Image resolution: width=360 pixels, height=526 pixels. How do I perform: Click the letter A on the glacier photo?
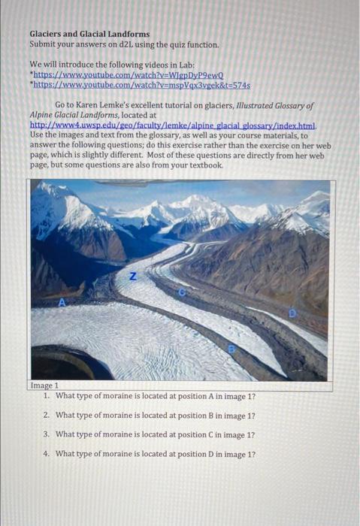tap(63, 301)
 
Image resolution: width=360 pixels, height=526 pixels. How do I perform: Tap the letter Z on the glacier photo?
tap(133, 278)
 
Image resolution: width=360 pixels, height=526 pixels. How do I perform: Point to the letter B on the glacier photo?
tap(231, 349)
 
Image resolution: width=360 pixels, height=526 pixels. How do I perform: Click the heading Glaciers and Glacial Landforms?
tap(89, 35)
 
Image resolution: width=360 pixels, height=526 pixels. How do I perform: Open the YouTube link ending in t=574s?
tap(140, 86)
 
